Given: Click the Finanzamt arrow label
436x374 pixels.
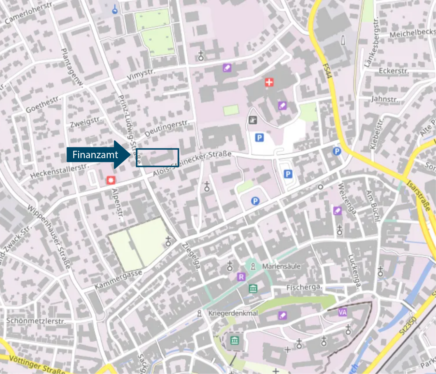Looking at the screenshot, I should point(95,155).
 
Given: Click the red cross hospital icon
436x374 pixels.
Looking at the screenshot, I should point(269,82).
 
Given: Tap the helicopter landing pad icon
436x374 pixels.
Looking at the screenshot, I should point(252,120).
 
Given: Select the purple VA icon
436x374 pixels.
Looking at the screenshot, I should point(342,312).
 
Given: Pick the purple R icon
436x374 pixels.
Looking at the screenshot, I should point(241,277).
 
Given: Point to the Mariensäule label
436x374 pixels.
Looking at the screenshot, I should point(281,266).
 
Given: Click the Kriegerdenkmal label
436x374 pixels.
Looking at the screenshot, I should point(233,313).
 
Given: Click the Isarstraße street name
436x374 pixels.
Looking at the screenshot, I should point(418,196).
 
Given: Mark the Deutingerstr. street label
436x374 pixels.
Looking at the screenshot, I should point(167,128).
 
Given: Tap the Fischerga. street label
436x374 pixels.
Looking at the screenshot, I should point(304,287).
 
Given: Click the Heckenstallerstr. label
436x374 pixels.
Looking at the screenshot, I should point(60,171).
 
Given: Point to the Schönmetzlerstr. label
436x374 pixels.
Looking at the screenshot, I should point(36,321).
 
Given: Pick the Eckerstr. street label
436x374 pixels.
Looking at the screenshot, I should point(393,71).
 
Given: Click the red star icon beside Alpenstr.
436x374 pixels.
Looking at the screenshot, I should point(110,180).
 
